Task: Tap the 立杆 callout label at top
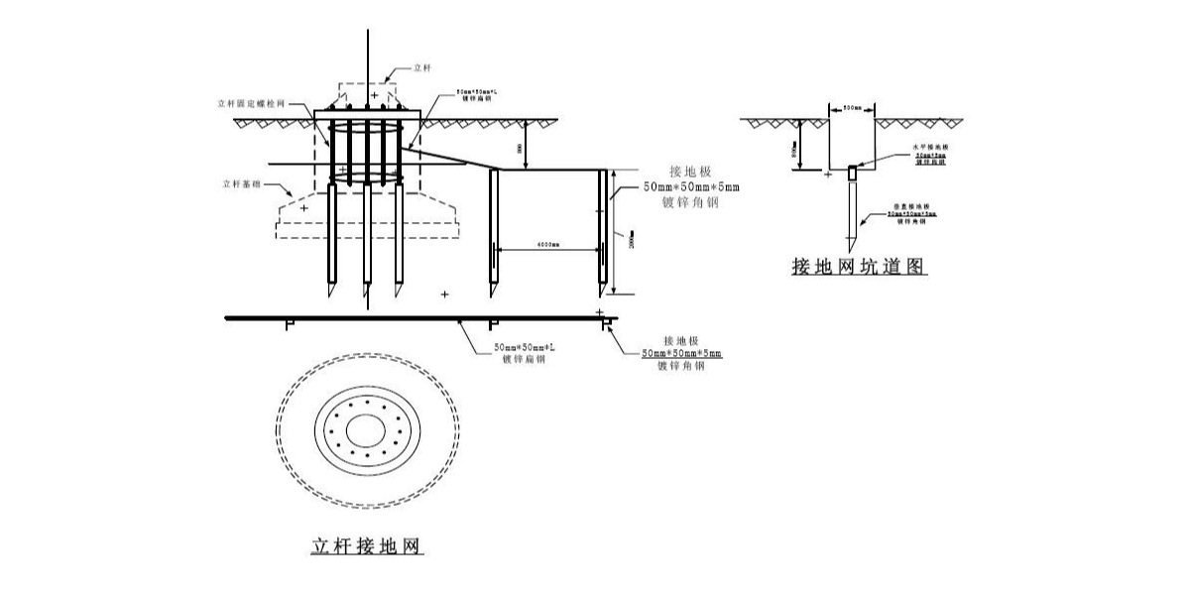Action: coord(421,69)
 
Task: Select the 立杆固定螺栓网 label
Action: coord(253,101)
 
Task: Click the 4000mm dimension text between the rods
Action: coord(546,243)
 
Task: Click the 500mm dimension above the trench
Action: coord(852,106)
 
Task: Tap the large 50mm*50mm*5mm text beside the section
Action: coord(691,186)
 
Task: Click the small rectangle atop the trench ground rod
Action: coord(852,174)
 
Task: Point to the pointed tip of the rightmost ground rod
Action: coord(602,296)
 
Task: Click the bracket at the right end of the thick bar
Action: coord(604,323)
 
